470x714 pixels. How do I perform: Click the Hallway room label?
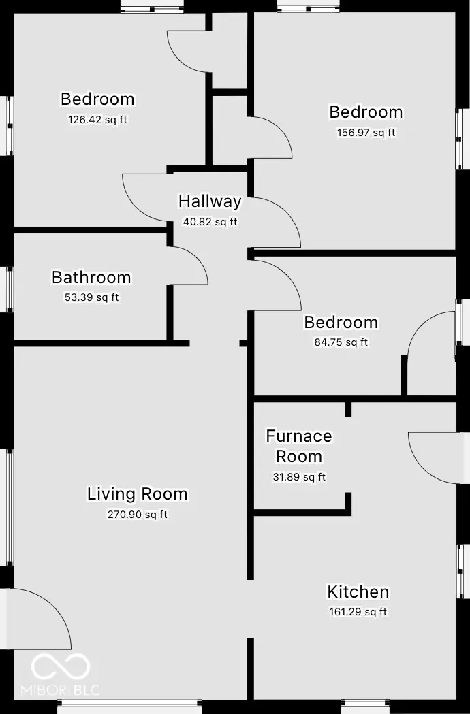coord(210,201)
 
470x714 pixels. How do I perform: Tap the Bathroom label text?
coord(91,278)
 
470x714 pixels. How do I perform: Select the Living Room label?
coord(137,494)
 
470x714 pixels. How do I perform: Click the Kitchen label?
coord(358,591)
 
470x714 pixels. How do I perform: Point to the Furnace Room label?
coord(299,446)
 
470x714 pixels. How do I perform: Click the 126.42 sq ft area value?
coord(98,120)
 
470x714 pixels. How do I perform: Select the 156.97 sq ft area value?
coord(366,133)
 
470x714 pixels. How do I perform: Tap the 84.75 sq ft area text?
coord(341,342)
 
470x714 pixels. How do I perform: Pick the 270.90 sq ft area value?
coord(137,515)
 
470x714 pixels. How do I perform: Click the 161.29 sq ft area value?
coord(358,612)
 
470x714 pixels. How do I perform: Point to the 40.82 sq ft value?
coord(210,222)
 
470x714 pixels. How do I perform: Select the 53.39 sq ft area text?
coord(91,297)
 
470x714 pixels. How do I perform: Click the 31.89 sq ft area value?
coord(299,477)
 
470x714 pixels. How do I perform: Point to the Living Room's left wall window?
coord(9,507)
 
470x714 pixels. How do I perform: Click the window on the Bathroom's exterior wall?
coord(9,290)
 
